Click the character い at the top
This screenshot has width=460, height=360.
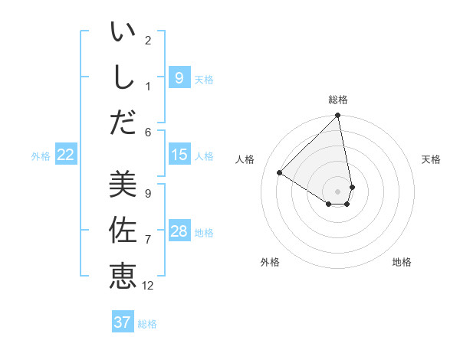click(x=123, y=33)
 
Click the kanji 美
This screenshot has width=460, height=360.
click(x=123, y=185)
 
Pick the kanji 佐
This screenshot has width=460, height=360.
click(x=123, y=230)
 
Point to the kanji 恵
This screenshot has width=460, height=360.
click(x=123, y=274)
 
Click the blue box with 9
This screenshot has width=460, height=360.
click(x=179, y=77)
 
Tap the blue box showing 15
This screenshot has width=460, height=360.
click(x=179, y=155)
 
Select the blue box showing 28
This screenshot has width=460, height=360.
click(x=179, y=231)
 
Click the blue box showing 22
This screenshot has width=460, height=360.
click(x=66, y=155)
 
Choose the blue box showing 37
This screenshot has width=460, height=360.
click(x=123, y=322)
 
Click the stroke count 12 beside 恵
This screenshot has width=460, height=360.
click(x=148, y=286)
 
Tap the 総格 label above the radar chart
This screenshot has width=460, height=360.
click(x=338, y=100)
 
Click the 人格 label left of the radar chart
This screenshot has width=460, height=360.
click(x=245, y=159)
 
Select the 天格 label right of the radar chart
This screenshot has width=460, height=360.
click(x=431, y=159)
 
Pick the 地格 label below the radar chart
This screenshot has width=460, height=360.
click(x=402, y=262)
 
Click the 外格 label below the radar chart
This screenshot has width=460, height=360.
click(x=270, y=262)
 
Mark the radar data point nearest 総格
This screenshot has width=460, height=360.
click(x=338, y=116)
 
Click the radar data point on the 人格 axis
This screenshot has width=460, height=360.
click(x=280, y=173)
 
